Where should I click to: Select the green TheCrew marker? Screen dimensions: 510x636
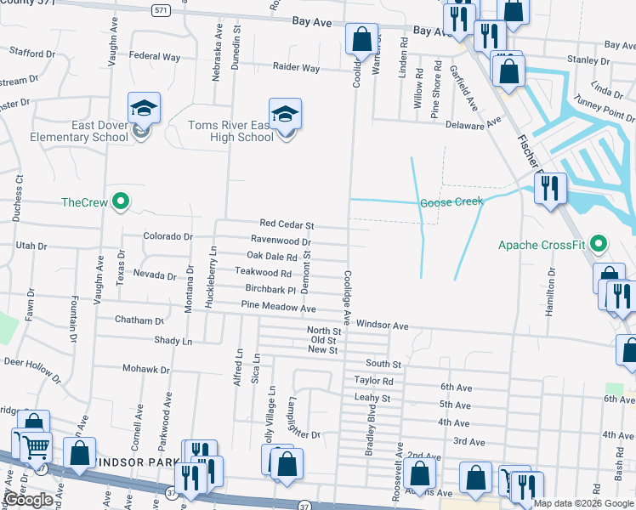point(121,201)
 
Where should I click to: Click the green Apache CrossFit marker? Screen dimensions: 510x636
point(599,246)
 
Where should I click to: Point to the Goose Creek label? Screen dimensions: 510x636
point(451,202)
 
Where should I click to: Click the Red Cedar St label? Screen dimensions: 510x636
point(287,226)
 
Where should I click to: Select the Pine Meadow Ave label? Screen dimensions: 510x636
point(278,306)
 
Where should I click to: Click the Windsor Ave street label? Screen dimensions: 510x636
point(382,325)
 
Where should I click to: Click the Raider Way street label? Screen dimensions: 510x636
point(296,67)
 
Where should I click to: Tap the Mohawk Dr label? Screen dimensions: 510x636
point(146,370)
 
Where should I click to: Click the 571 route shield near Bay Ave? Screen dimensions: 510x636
point(160,10)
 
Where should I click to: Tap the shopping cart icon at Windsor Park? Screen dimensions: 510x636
point(35,446)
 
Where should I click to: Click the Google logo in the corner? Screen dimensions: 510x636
point(28,499)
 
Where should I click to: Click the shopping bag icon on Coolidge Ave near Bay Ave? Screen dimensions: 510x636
point(361,38)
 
